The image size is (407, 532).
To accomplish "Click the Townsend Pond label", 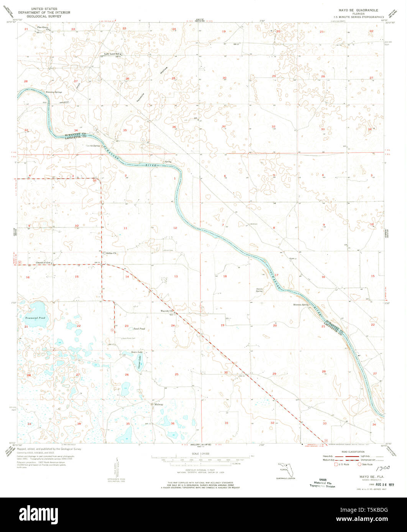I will pos(35,318).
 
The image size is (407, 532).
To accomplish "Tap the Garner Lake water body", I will pos(138,362).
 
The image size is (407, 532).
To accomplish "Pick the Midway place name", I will pos(159,405).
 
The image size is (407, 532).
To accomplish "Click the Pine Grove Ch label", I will pos(43,28).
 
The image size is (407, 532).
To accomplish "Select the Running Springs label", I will pos(54,92).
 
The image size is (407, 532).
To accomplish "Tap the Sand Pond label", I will pos(139,329).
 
